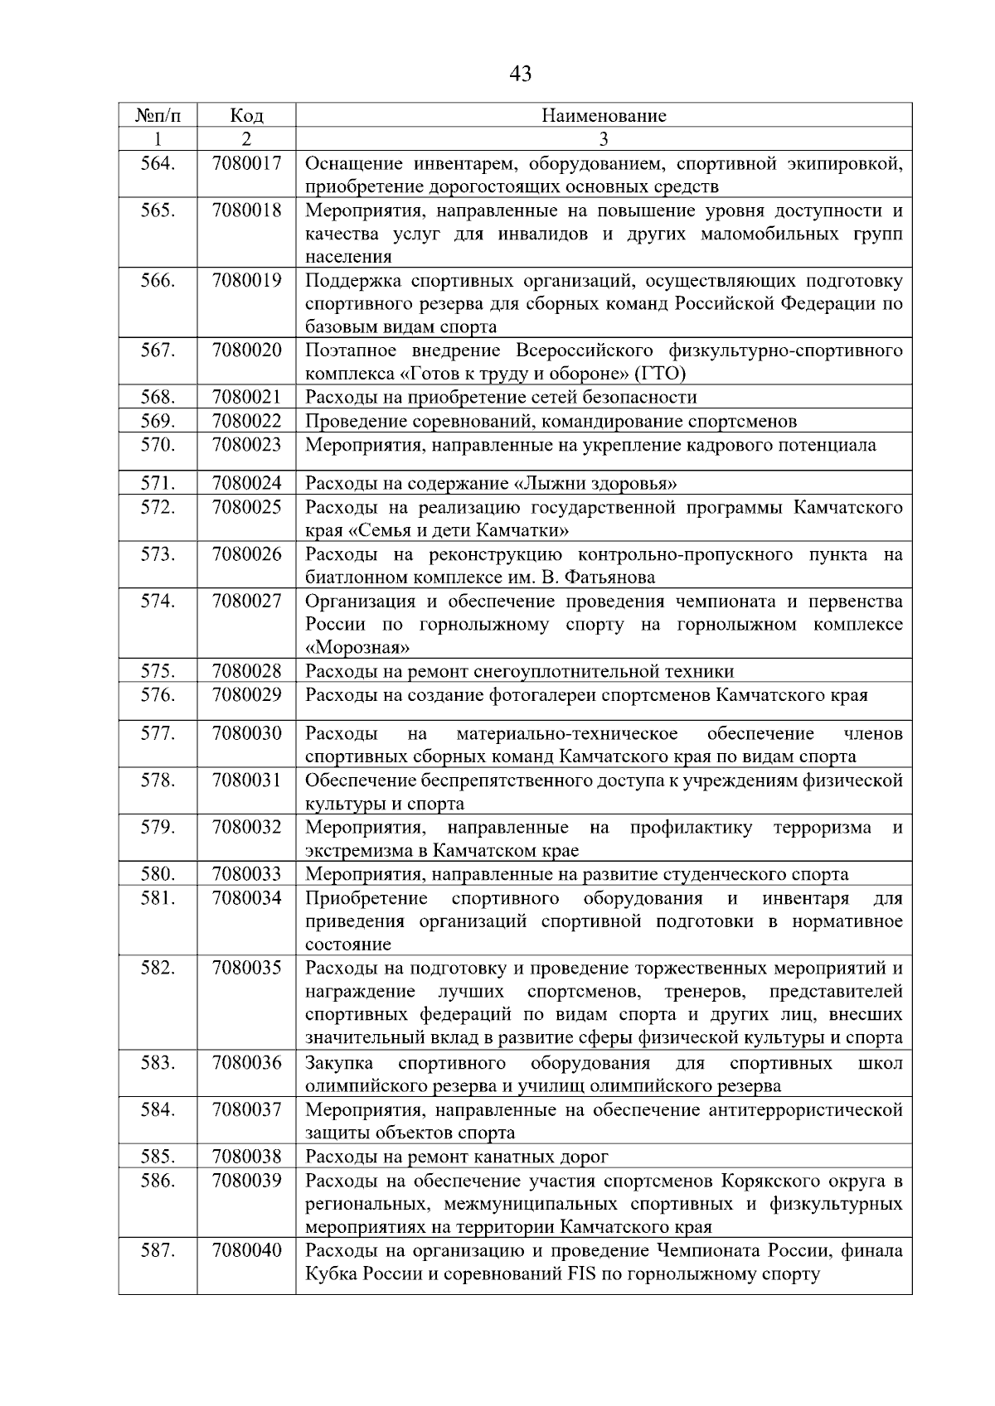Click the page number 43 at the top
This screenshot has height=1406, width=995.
pyautogui.click(x=520, y=75)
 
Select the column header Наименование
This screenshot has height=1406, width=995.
pyautogui.click(x=604, y=115)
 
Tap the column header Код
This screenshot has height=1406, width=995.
pyautogui.click(x=246, y=115)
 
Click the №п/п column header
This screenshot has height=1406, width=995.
pyautogui.click(x=157, y=115)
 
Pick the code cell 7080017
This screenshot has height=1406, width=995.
pyautogui.click(x=246, y=163)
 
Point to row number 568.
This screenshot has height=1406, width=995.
pyautogui.click(x=158, y=397)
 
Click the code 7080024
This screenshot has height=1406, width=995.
pyautogui.click(x=246, y=483)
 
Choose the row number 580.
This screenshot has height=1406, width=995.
pyautogui.click(x=158, y=874)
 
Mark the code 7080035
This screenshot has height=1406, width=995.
pyautogui.click(x=246, y=968)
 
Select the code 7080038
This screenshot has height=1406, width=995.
pyautogui.click(x=246, y=1157)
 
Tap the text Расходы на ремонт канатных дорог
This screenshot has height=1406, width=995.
pyautogui.click(x=457, y=1157)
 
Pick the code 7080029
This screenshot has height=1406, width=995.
pyautogui.click(x=246, y=695)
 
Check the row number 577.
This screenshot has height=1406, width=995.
pyautogui.click(x=158, y=733)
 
